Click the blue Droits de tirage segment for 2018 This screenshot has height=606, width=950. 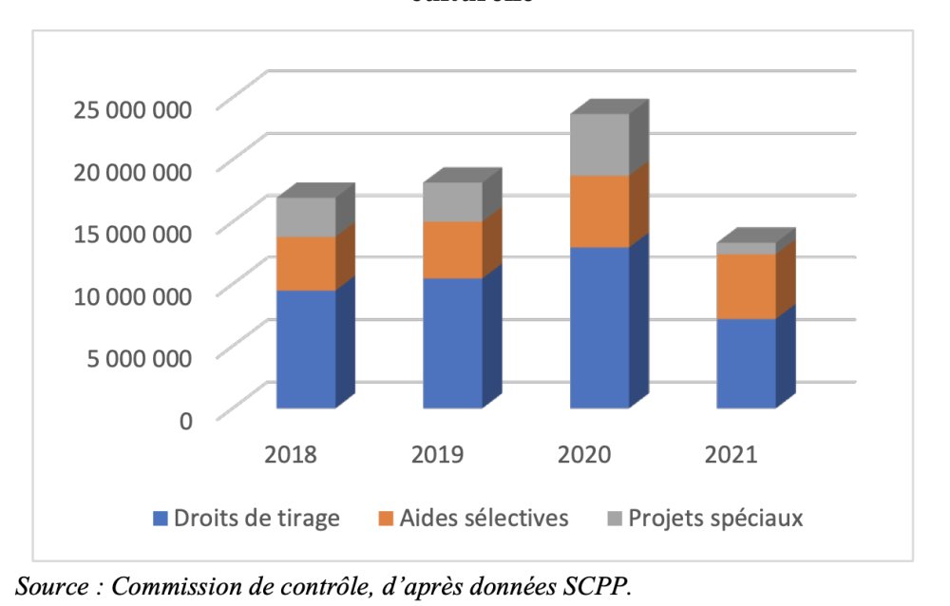(306, 349)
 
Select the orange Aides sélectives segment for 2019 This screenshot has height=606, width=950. (452, 250)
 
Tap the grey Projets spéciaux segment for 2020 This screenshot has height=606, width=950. (599, 144)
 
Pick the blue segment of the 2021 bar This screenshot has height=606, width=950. (746, 363)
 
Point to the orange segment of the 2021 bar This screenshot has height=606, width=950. (746, 286)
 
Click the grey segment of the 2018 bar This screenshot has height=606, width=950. (306, 217)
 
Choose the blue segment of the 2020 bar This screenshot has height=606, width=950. (599, 327)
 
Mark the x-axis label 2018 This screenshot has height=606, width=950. (292, 454)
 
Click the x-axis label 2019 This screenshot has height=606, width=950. (438, 454)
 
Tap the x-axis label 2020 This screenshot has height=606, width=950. (584, 454)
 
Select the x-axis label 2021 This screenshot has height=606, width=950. (731, 454)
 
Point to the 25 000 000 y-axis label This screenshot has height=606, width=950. (133, 108)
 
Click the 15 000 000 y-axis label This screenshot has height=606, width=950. (133, 233)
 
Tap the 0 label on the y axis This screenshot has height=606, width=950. (186, 419)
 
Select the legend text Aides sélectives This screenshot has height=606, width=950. (485, 519)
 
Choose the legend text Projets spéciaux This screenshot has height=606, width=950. (715, 519)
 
